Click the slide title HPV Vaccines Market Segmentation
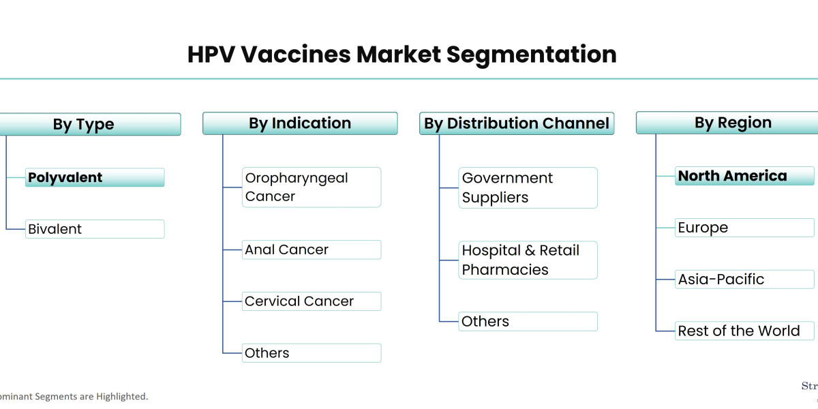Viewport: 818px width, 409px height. click(x=402, y=54)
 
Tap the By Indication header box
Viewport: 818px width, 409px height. click(x=300, y=123)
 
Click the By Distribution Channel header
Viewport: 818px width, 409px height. click(x=517, y=123)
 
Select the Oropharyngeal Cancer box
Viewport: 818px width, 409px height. click(x=311, y=187)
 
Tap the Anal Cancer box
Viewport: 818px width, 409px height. click(x=311, y=249)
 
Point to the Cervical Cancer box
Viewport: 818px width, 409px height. click(x=311, y=301)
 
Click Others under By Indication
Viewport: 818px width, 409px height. click(x=311, y=353)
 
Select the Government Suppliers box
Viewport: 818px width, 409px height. click(x=528, y=187)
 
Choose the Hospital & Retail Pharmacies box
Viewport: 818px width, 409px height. click(x=528, y=260)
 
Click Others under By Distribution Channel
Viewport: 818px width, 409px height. click(x=528, y=321)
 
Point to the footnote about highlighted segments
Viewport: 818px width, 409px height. click(x=74, y=396)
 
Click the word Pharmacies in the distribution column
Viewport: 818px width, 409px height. click(x=505, y=270)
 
